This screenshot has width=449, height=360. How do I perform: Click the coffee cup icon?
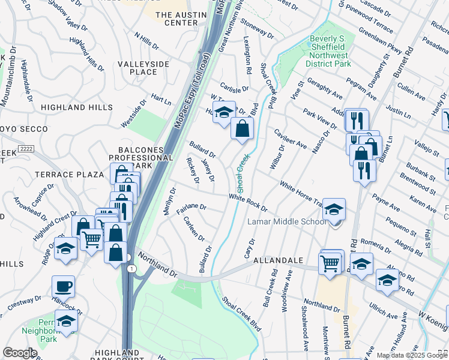(63, 287)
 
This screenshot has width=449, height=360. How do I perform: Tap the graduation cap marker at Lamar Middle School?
(334, 209)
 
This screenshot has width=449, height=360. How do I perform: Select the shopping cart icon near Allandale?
(330, 262)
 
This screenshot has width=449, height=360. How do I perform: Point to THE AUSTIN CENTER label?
(176, 19)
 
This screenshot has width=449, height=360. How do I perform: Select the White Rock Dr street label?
(247, 202)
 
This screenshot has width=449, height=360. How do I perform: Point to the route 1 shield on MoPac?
(130, 269)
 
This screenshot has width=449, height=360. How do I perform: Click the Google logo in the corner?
(20, 353)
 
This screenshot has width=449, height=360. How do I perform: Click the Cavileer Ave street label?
(291, 139)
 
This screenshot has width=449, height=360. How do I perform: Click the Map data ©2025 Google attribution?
(412, 355)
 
